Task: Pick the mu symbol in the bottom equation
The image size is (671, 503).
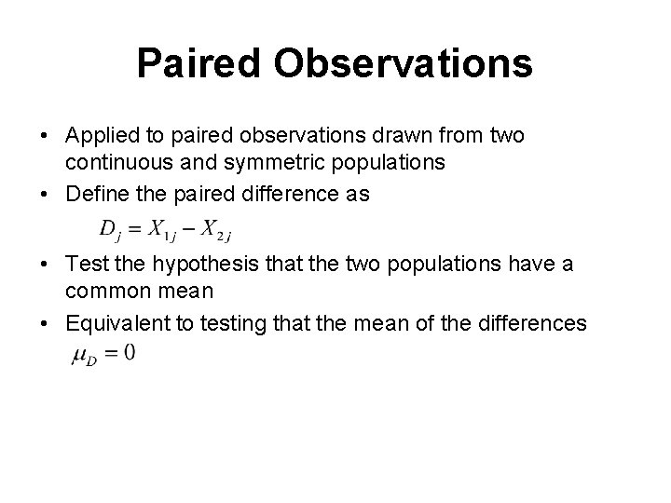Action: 79,355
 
